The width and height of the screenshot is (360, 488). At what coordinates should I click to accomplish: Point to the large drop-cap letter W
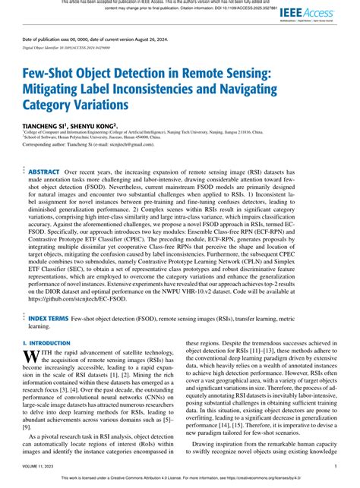31,335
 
